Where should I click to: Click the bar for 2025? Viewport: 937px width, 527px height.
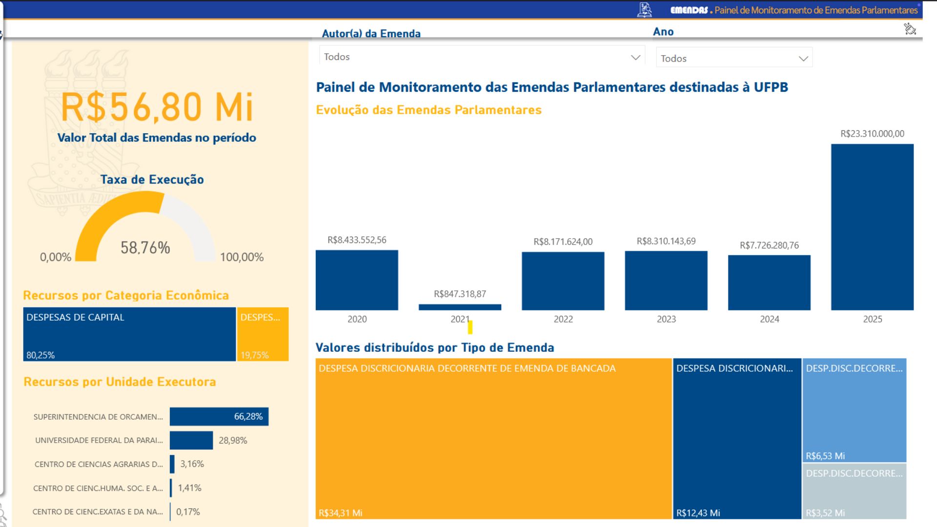[872, 227]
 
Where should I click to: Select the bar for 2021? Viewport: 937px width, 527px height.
[460, 307]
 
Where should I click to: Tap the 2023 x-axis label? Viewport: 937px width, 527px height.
[666, 319]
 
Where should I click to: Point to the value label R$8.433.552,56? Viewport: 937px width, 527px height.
[357, 240]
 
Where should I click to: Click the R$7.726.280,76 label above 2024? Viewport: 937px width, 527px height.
[769, 245]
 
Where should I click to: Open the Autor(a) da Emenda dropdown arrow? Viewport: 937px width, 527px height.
[635, 58]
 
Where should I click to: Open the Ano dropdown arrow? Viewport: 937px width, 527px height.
[803, 59]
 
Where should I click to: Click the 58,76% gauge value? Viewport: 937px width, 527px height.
[145, 248]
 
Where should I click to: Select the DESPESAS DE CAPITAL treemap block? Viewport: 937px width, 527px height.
[129, 334]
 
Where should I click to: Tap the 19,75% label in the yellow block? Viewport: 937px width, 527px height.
[255, 355]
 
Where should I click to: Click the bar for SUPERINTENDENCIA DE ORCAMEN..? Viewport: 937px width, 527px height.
[219, 417]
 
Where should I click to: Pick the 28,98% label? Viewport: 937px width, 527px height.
[233, 441]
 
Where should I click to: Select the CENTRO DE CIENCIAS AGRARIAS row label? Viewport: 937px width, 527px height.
[99, 464]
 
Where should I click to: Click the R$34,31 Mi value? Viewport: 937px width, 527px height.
[341, 513]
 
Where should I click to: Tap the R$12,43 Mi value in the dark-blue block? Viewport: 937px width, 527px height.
[698, 513]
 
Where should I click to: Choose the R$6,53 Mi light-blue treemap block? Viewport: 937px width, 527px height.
[854, 410]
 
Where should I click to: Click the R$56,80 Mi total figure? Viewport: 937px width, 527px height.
[157, 107]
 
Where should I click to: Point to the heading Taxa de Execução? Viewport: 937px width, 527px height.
[152, 180]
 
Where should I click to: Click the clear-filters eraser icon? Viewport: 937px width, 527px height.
[910, 29]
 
